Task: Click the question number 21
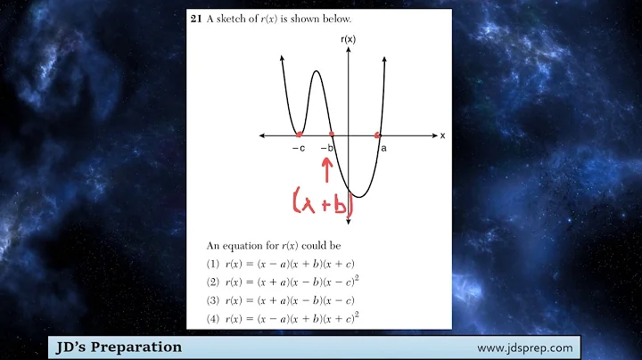click(196, 19)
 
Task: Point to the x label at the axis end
click(442, 135)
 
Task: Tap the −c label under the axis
click(298, 149)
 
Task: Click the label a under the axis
click(383, 149)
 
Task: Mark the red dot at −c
click(300, 135)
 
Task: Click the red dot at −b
click(332, 135)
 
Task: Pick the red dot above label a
click(378, 135)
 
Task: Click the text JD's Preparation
click(117, 347)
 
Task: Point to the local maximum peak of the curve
click(316, 73)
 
